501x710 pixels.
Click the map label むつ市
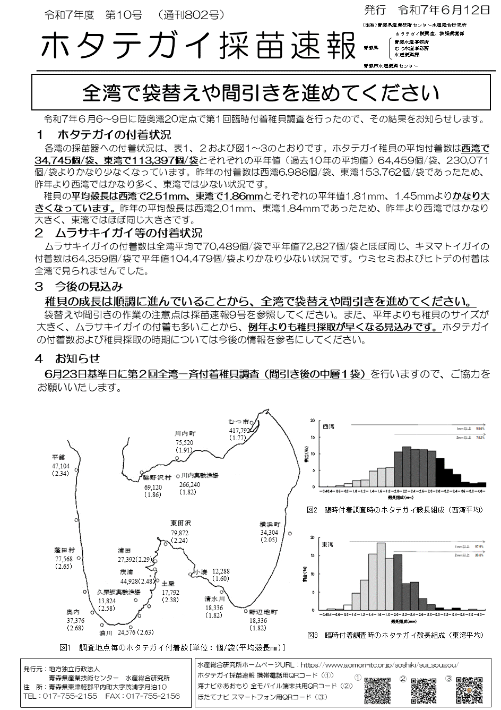click(239, 422)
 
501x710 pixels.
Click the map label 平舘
click(58, 457)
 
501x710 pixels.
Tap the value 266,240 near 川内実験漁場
click(189, 484)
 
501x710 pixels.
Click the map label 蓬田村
click(64, 550)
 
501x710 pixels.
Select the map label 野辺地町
click(264, 612)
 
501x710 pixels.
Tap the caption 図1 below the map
click(66, 647)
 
